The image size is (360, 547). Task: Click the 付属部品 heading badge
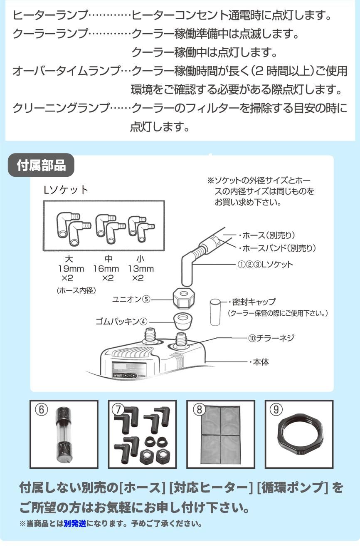pyautogui.click(x=41, y=166)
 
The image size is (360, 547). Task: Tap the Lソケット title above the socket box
pyautogui.click(x=66, y=190)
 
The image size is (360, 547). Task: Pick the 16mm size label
pyautogui.click(x=106, y=269)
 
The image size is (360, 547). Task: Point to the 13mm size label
pyautogui.click(x=141, y=269)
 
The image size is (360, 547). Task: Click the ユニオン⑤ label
pyautogui.click(x=131, y=299)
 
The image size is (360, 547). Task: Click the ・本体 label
pyautogui.click(x=259, y=362)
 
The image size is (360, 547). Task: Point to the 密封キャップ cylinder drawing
pyautogui.click(x=214, y=312)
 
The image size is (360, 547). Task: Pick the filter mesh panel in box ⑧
pyautogui.click(x=220, y=436)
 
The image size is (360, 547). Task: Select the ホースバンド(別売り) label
pyautogui.click(x=277, y=248)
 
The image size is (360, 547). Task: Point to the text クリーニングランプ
pyautogui.click(x=61, y=109)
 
